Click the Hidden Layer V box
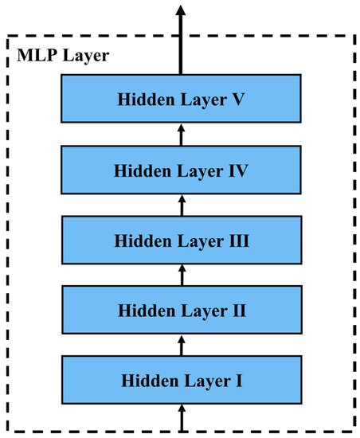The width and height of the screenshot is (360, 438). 181,101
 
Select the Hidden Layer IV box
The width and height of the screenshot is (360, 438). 181,170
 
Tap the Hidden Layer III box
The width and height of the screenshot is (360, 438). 181,239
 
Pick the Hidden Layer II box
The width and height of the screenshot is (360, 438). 181,308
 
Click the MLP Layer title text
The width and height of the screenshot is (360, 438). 53,57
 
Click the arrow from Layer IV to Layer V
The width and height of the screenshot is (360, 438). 181,136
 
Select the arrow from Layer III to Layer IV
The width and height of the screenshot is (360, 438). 181,205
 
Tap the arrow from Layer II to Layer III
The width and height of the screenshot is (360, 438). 181,274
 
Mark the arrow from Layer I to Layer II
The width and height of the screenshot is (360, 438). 181,343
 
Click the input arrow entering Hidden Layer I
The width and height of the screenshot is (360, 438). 181,417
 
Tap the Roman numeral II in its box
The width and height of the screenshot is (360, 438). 237,309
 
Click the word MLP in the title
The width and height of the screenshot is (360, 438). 34,57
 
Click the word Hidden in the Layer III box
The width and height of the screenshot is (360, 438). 140,240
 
